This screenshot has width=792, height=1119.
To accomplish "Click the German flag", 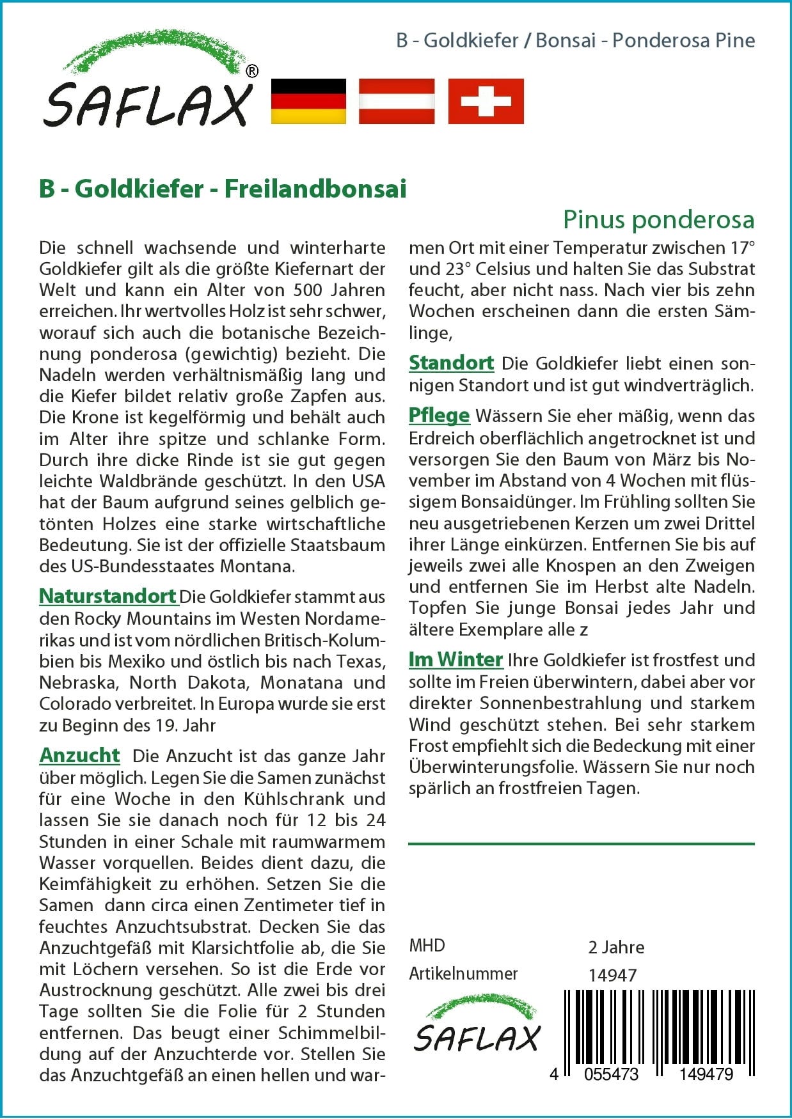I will [308, 101].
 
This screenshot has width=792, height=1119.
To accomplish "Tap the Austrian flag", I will [397, 101].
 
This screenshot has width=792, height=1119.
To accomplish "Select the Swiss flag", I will [486, 101].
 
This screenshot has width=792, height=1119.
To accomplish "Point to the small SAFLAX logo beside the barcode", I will [477, 1026].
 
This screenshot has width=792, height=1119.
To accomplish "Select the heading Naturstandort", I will [107, 596].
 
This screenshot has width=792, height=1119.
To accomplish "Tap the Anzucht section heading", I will [79, 755].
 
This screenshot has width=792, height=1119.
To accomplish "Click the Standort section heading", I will [451, 363].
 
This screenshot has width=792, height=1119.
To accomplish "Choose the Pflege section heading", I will [439, 416].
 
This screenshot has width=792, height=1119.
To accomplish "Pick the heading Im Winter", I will [455, 659].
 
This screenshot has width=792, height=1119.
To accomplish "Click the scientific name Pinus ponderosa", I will [658, 219].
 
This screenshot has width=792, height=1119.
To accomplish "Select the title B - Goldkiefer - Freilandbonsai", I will [223, 189].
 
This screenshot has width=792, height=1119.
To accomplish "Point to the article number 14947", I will [612, 975].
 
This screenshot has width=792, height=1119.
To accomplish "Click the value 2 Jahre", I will [616, 947].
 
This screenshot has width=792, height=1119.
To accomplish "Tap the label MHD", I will [427, 945].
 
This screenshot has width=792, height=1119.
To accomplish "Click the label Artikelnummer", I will [463, 973].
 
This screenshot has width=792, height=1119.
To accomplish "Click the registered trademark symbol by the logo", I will [252, 72].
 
